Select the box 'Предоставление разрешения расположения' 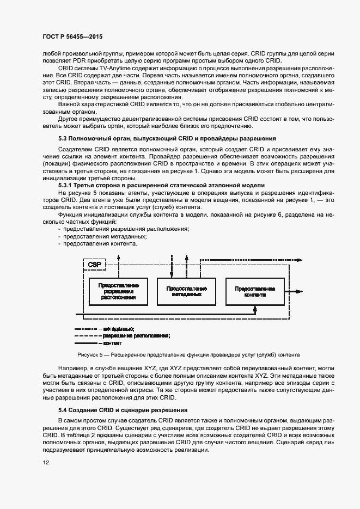tap(119, 292)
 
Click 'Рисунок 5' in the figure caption tap(91, 355)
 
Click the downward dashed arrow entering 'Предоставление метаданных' tap(172, 274)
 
